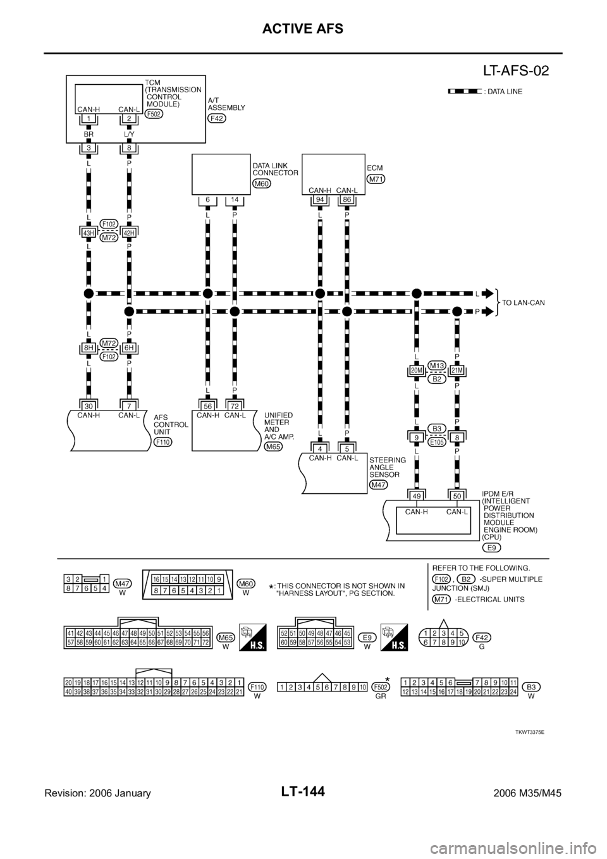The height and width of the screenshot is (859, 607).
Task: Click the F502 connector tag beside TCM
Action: point(153,114)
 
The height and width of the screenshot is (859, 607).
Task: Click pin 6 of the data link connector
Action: point(207,201)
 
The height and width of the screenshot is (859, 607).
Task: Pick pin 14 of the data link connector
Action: point(235,201)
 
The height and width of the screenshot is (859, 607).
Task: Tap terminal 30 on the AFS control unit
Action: point(88,405)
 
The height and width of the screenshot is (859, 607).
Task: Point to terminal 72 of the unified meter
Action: point(235,405)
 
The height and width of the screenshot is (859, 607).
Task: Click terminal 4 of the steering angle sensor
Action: point(320,448)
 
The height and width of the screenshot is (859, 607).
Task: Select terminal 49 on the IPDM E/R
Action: point(417,495)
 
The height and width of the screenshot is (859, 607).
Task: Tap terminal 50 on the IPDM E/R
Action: point(457,495)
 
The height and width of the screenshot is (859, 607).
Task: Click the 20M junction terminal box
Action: point(417,369)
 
